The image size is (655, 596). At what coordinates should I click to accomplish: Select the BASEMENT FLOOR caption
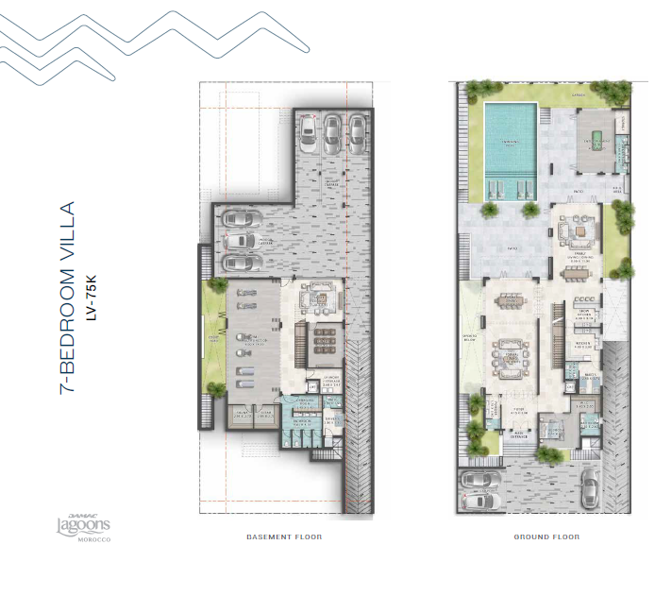(283, 537)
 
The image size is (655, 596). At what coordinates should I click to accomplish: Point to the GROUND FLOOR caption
(546, 537)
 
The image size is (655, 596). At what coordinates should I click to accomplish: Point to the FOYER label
(518, 411)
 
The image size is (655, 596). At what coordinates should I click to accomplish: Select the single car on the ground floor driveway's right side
(590, 486)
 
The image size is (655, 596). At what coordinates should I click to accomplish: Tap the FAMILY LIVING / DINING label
(578, 255)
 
